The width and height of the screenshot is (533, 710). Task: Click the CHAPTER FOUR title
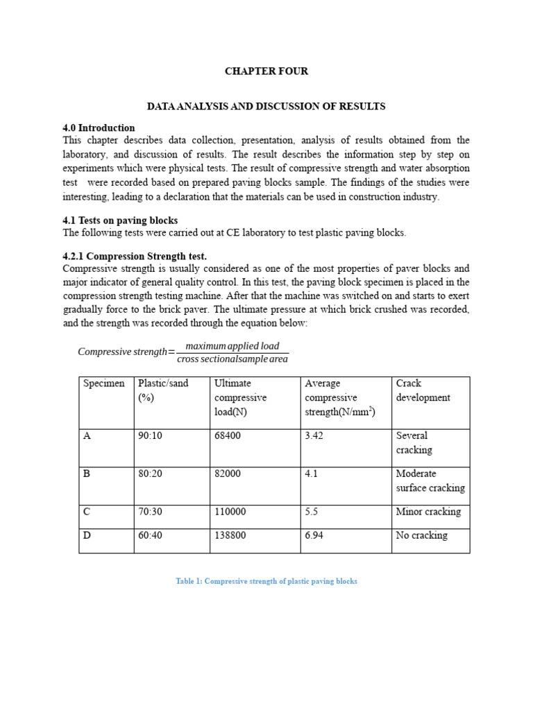point(266,71)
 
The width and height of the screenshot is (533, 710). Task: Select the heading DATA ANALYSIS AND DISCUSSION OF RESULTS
point(266,106)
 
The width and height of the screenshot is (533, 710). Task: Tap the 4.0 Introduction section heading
point(99,128)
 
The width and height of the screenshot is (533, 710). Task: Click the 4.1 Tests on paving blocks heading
point(120,220)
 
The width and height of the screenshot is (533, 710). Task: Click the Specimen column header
point(104,383)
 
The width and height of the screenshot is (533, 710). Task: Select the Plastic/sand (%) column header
point(163,390)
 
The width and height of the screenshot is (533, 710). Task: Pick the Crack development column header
point(423,390)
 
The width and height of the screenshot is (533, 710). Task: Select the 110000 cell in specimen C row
point(230,512)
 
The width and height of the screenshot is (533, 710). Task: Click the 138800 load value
point(230,535)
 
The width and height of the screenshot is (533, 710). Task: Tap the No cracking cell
point(421,535)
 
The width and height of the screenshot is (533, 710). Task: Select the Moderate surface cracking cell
point(430,480)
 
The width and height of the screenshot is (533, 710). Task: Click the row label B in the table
point(87,474)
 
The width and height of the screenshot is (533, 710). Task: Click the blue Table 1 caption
point(266,581)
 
